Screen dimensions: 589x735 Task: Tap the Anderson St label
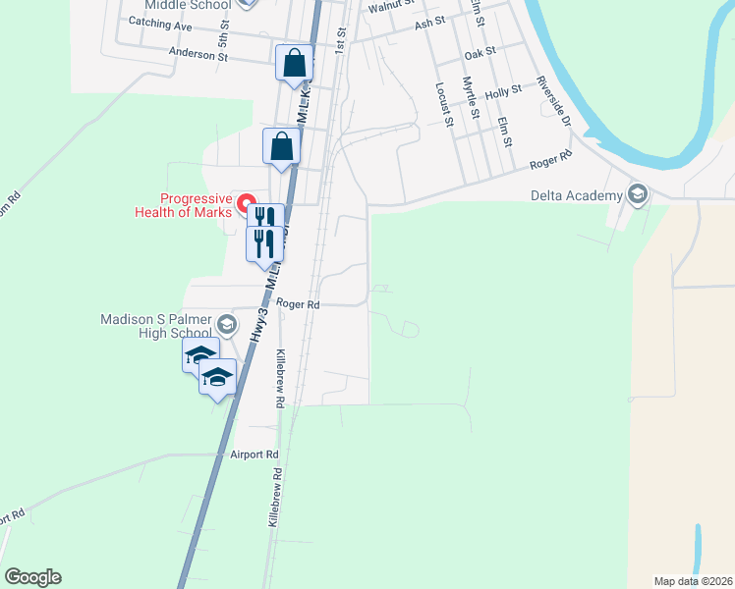point(198,55)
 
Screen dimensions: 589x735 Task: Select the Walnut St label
point(389,7)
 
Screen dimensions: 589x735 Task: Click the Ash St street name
point(430,24)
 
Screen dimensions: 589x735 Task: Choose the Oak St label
point(481,49)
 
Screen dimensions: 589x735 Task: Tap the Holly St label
point(502,91)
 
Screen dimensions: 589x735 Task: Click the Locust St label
point(442,104)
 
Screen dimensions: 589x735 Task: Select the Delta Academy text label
point(578,194)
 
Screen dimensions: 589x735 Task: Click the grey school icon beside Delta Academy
point(639,193)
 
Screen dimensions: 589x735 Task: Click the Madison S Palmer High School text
point(158,326)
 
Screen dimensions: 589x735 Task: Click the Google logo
point(32,577)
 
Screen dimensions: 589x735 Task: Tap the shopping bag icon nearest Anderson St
point(294,64)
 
